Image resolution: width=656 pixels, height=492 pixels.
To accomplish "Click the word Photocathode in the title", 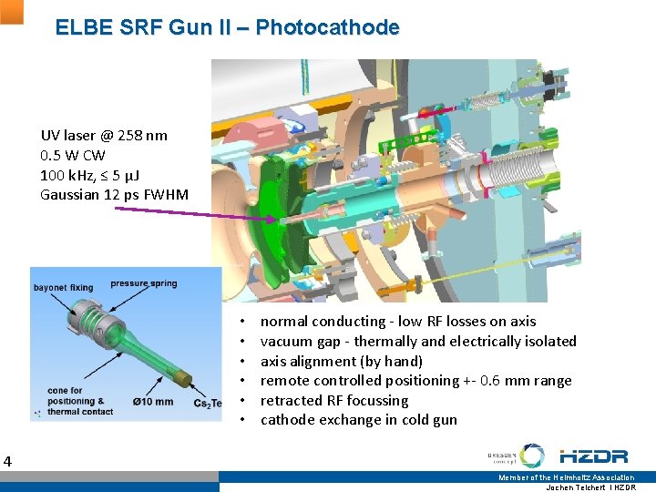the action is [327, 27].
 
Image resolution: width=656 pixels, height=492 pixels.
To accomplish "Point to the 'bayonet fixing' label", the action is [63, 288].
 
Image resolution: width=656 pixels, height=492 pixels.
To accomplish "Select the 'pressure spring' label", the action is [144, 283].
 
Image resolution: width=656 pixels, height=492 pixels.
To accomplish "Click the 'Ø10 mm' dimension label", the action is [152, 402].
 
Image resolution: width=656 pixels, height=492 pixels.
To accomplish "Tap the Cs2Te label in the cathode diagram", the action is [207, 404].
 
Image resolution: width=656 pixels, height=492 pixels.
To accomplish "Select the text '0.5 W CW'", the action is [73, 155].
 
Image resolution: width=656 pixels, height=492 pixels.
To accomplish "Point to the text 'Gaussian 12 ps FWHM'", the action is [115, 194].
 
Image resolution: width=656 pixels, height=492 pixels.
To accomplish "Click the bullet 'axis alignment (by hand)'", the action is [342, 361].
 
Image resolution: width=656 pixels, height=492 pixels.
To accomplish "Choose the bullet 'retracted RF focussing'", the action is [334, 400].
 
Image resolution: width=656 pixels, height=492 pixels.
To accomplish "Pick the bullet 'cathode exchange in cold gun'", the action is [359, 420].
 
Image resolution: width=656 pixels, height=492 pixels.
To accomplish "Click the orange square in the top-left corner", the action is [11, 11].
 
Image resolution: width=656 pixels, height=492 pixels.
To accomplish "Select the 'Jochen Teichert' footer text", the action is [578, 487].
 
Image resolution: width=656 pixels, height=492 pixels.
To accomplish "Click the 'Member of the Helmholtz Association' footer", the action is [566, 477].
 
